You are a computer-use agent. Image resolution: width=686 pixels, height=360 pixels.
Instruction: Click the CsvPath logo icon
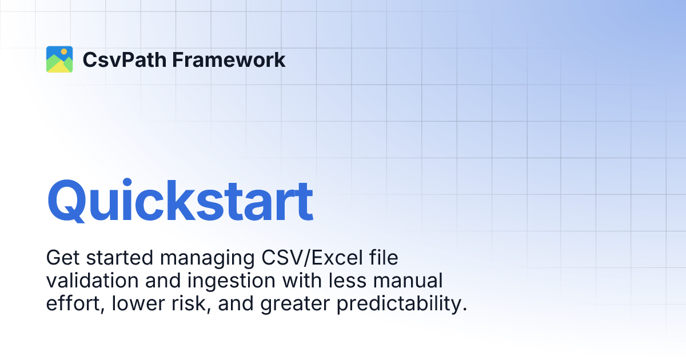(59, 59)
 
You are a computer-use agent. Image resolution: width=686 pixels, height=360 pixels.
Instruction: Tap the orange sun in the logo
(64, 52)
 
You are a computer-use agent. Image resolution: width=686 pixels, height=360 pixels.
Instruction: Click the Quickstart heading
(180, 201)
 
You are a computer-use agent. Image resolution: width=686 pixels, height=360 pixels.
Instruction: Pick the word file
(383, 258)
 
